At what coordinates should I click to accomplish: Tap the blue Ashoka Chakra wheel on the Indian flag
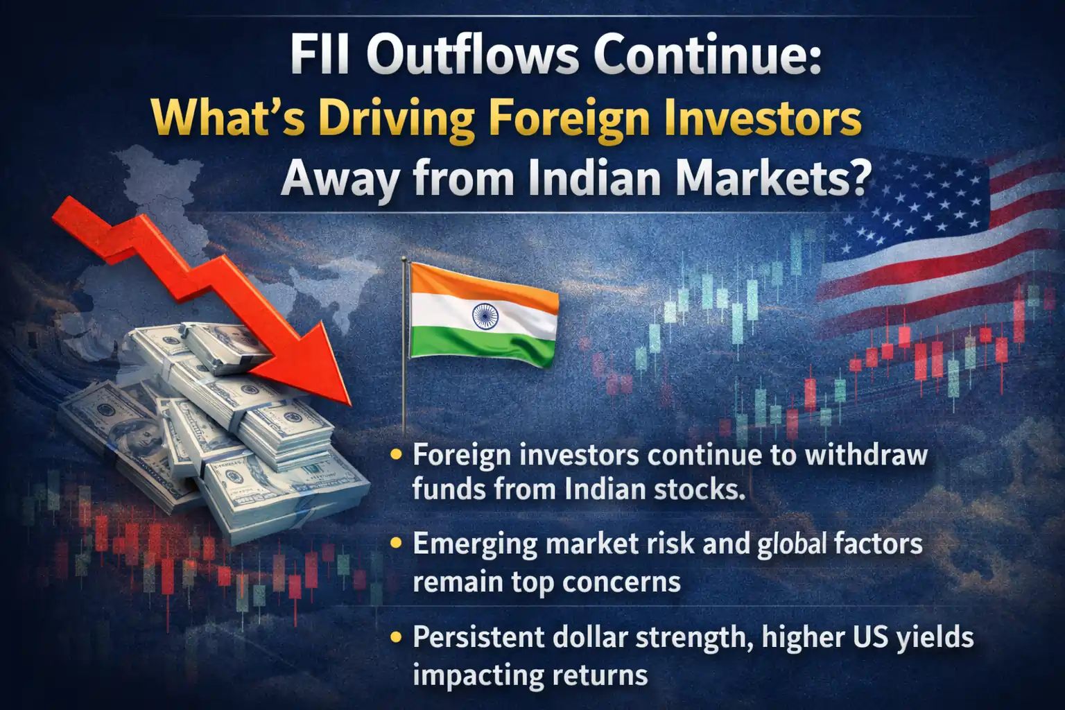click(485, 316)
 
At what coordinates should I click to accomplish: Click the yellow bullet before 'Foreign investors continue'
click(397, 456)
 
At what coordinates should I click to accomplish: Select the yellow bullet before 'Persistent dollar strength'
click(397, 637)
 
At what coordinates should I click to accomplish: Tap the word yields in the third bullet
click(934, 637)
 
